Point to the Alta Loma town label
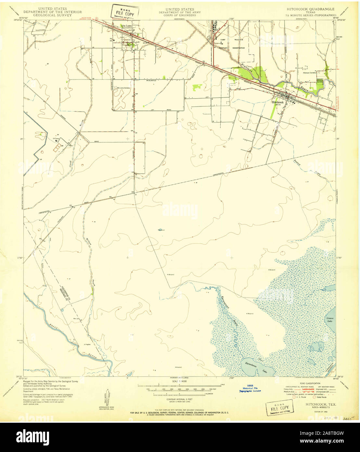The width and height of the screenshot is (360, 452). (126, 25)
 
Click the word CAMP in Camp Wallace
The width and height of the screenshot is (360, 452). (223, 40)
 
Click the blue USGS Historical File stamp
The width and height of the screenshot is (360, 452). (250, 389)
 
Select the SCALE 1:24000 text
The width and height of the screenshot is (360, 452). (180, 381)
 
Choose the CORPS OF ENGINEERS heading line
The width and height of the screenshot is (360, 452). (180, 15)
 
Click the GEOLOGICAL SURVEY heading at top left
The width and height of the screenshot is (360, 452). (53, 15)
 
